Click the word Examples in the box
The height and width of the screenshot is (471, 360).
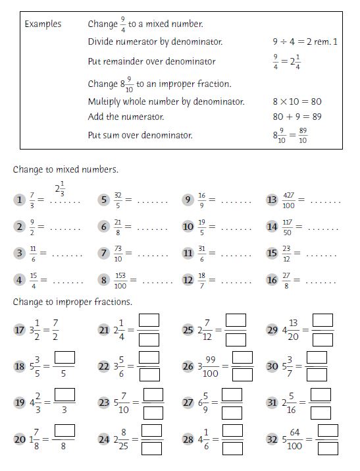click(x=43, y=24)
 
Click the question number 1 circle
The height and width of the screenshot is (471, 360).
click(x=20, y=200)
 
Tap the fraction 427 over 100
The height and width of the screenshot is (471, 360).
click(x=288, y=200)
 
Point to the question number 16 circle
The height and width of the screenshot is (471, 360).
click(x=272, y=280)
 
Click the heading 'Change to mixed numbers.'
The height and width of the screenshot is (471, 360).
click(x=65, y=169)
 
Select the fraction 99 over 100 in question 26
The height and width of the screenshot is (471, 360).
click(x=210, y=366)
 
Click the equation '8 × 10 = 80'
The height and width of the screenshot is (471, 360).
click(x=297, y=102)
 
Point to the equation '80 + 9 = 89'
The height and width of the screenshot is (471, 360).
click(x=297, y=117)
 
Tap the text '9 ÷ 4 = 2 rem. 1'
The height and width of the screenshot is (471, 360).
click(x=305, y=42)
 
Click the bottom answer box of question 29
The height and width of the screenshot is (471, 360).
click(x=322, y=340)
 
